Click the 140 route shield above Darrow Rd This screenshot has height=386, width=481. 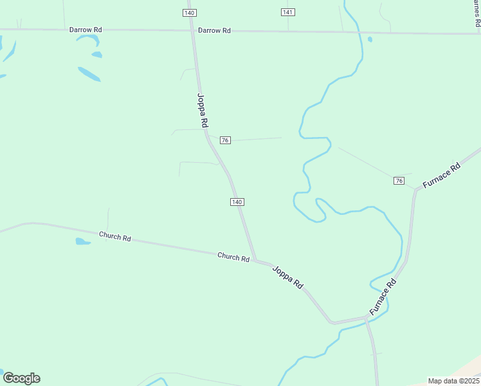click(189, 13)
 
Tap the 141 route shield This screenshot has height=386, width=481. click(288, 13)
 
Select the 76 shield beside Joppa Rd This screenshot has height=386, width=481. click(225, 140)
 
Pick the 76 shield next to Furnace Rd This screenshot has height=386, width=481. click(399, 181)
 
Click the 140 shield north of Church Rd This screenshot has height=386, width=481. click(237, 202)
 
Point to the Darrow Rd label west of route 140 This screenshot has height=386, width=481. click(86, 30)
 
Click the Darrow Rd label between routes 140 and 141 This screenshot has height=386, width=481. click(214, 30)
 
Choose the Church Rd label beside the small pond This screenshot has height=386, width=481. click(115, 236)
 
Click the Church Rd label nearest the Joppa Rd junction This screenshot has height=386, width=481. click(233, 257)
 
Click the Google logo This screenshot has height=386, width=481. click(21, 378)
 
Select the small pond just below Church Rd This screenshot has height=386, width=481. click(83, 242)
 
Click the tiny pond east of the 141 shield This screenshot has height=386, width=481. click(370, 39)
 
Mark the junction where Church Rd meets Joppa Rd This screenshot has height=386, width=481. click(255, 261)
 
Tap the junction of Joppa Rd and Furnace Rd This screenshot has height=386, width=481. click(367, 318)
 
